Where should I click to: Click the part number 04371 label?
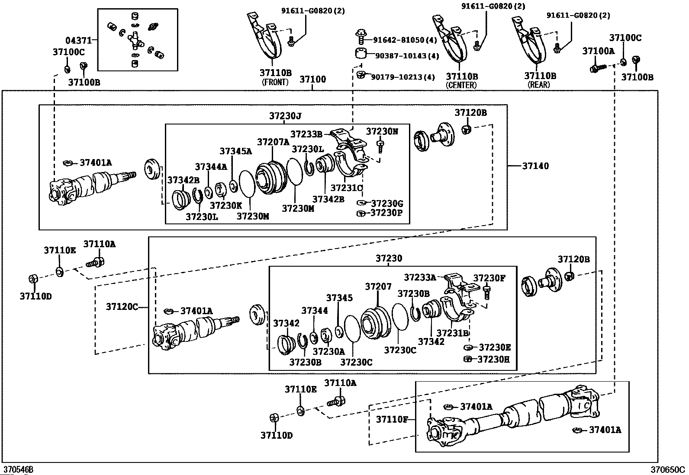click(78, 40)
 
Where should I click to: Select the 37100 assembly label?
click(313, 79)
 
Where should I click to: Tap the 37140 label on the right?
click(535, 166)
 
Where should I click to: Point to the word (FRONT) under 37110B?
click(275, 83)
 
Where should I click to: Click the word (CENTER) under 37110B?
click(461, 85)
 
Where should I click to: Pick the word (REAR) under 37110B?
click(539, 84)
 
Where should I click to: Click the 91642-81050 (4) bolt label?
click(405, 40)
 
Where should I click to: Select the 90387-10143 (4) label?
click(407, 56)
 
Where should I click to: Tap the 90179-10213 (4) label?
click(403, 77)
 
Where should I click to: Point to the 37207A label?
click(273, 142)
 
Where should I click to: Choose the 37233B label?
click(306, 134)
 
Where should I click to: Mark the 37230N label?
click(382, 131)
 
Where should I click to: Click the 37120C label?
click(122, 306)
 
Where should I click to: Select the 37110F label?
click(392, 419)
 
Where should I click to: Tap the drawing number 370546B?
click(18, 469)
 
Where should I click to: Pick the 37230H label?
click(493, 359)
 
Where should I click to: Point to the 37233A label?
click(420, 277)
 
